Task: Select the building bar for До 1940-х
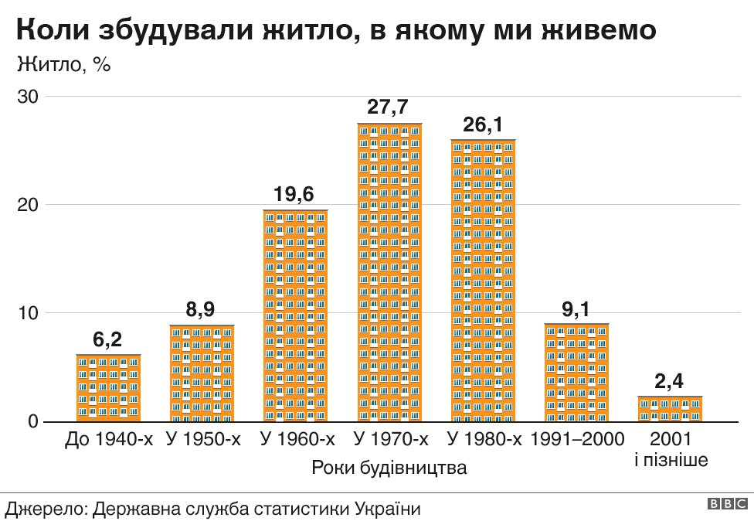tap(108, 387)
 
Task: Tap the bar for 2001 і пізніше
tap(671, 408)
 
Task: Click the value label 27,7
tap(389, 108)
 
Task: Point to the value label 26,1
tap(483, 124)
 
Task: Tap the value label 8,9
tap(202, 310)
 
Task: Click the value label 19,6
tap(295, 195)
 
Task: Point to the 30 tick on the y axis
tap(29, 97)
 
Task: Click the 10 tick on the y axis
tap(29, 313)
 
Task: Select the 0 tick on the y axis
tap(32, 421)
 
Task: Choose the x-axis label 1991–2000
tap(577, 440)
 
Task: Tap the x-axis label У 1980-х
tap(484, 440)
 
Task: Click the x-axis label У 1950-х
tap(204, 440)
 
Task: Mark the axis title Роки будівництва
tap(389, 468)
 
